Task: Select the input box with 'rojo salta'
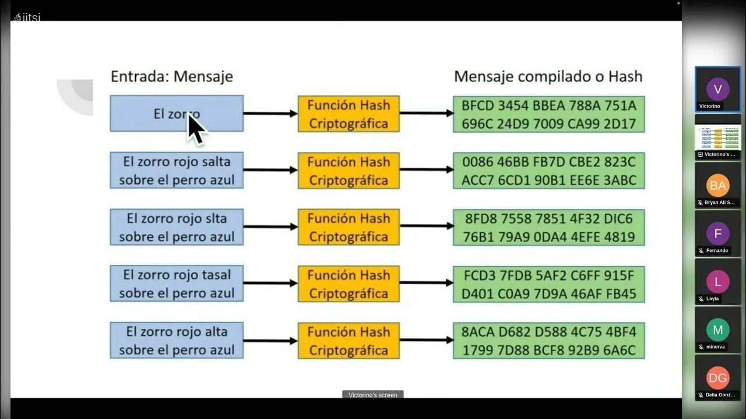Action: pos(176,170)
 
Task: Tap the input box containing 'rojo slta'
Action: pos(176,227)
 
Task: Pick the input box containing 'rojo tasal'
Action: pos(176,283)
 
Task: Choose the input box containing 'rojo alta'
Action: pos(176,340)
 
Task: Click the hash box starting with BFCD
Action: pos(548,114)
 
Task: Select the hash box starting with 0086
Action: pos(548,171)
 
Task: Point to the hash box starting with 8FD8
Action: pos(548,227)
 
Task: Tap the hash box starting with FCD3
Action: pos(548,284)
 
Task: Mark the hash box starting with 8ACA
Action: pos(548,340)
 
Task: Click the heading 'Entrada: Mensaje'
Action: pos(172,76)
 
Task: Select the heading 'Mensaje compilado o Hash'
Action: pos(548,76)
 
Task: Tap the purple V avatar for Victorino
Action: pos(717,89)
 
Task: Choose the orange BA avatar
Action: pos(717,186)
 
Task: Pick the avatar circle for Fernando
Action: pos(717,234)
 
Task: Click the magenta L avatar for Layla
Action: pos(717,282)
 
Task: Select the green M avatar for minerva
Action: pos(717,330)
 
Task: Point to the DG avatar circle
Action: pos(717,378)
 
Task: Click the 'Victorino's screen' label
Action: pos(372,395)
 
